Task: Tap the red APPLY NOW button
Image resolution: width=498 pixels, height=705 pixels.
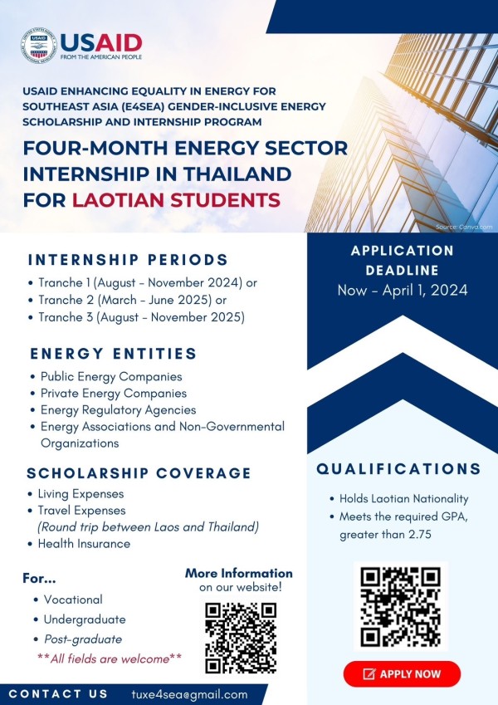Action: (x=402, y=673)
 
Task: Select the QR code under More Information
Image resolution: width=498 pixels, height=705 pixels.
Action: (x=240, y=636)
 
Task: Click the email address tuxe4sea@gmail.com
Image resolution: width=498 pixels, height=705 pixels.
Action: (x=189, y=694)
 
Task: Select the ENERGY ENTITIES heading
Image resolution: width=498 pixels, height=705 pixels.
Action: (x=114, y=353)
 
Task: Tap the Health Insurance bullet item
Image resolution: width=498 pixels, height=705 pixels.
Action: (x=84, y=544)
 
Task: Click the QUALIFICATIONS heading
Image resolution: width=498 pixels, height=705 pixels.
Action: (x=398, y=469)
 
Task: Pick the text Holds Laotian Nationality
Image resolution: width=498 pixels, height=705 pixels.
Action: (x=404, y=499)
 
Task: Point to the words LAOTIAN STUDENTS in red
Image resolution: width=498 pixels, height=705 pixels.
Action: (x=176, y=200)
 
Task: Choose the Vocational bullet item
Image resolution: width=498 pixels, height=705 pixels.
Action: (x=74, y=600)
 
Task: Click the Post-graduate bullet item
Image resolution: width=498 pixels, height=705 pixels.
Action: (x=83, y=639)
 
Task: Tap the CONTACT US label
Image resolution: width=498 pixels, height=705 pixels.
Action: (x=58, y=694)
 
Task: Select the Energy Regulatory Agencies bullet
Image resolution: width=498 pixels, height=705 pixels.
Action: (x=118, y=409)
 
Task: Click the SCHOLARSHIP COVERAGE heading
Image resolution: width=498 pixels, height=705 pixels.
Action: (x=139, y=473)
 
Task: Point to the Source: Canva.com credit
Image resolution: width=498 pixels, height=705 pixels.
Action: (x=464, y=226)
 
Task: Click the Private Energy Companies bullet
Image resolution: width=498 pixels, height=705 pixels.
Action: (x=114, y=393)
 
